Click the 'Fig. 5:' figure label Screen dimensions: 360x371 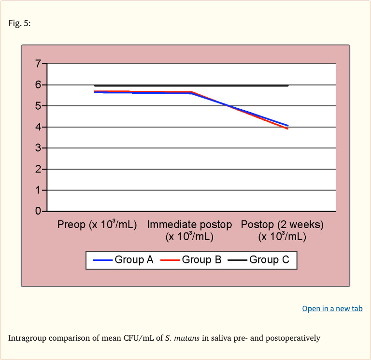coord(19,24)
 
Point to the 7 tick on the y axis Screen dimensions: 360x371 coord(38,64)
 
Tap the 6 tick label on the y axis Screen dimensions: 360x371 coord(38,85)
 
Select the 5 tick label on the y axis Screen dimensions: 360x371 coord(38,106)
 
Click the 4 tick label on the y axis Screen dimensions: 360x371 coord(38,127)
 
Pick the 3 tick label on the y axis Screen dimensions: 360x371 coord(38,148)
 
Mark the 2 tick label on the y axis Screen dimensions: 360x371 coord(38,169)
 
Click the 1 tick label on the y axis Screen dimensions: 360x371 coord(38,190)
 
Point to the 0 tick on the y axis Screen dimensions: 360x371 coord(38,212)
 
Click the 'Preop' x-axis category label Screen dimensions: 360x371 coord(97,225)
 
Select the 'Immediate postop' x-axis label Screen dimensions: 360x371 coord(189,230)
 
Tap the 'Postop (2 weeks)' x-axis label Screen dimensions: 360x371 coord(282,230)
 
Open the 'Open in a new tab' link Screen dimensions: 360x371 coord(332,309)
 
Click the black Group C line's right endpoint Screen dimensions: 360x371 coord(288,86)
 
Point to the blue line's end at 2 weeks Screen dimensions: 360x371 coord(288,126)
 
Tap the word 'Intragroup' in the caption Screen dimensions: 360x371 coord(27,338)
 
